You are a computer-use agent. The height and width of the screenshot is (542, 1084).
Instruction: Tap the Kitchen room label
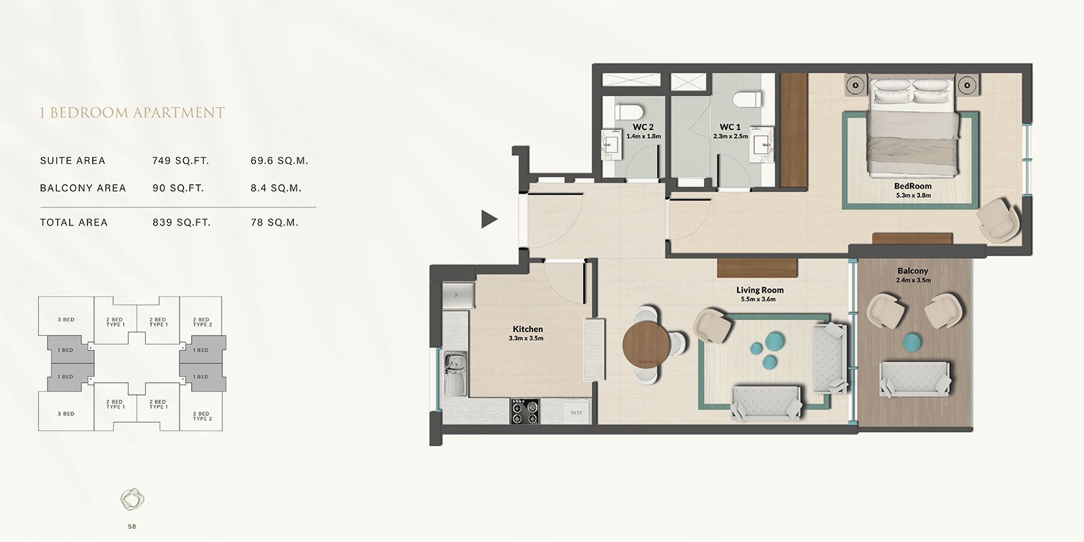point(527,329)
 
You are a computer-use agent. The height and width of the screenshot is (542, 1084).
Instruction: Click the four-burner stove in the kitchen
point(525,411)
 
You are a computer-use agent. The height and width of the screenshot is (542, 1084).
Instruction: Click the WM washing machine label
point(576,412)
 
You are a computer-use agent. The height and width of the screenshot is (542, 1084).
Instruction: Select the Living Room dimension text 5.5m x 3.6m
point(758,299)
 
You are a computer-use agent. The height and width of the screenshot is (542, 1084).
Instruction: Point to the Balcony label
point(913,271)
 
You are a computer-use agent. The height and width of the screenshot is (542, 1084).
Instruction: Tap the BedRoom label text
point(913,186)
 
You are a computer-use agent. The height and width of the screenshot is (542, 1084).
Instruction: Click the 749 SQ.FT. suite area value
point(180,161)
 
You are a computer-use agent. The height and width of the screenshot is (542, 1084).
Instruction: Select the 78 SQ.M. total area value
point(274,222)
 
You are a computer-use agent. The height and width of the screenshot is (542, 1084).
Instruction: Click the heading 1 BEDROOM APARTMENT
point(132,112)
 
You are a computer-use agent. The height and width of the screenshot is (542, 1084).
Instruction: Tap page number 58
point(132,526)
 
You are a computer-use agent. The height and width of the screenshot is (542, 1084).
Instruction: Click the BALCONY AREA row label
point(83,188)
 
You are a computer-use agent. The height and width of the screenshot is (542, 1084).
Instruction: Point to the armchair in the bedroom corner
point(997,218)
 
